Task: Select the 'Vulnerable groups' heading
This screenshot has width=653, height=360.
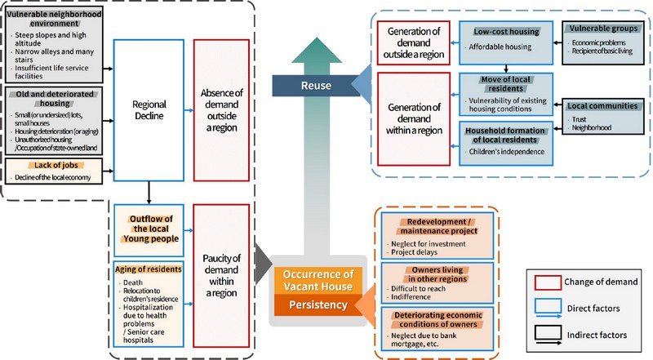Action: click(x=602, y=28)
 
